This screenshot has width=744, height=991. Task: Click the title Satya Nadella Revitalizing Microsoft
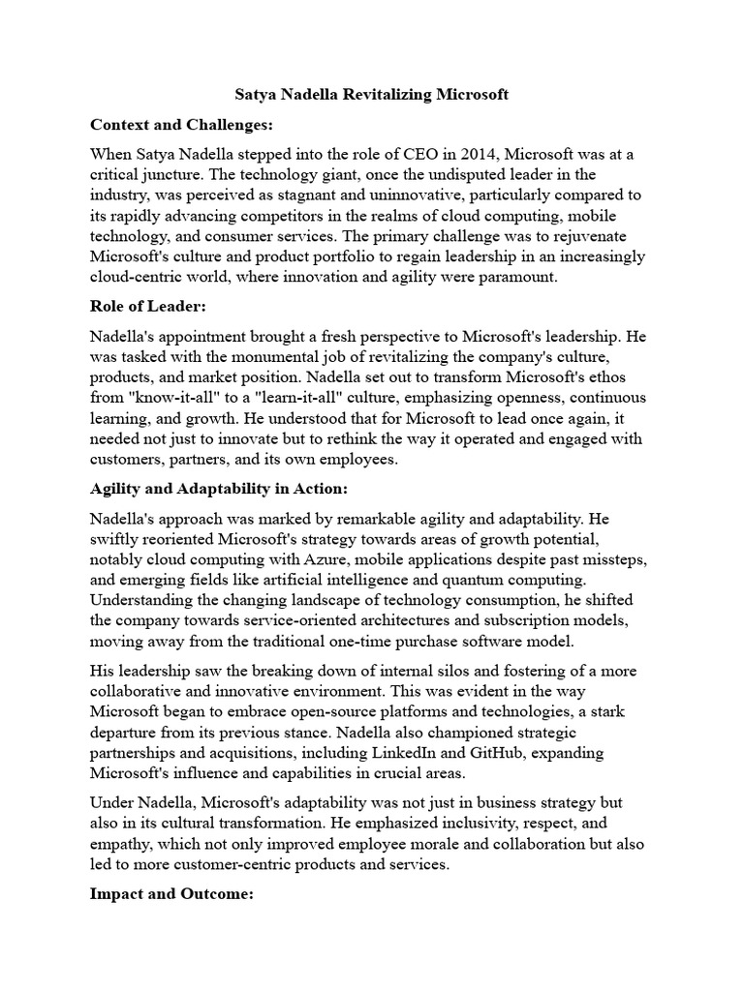pyautogui.click(x=372, y=95)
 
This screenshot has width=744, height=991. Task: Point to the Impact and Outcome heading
pyautogui.click(x=171, y=895)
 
